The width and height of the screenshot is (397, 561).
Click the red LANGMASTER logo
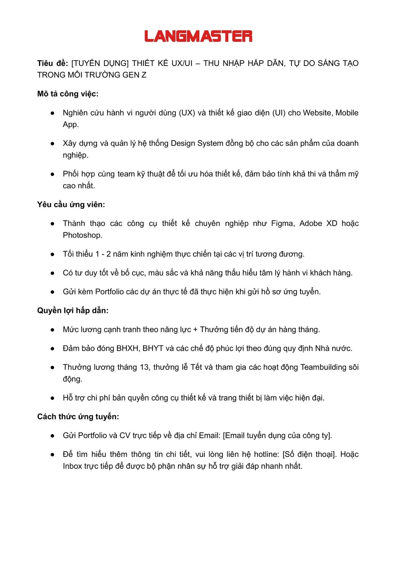pyautogui.click(x=198, y=36)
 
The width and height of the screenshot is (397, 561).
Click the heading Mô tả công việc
pyautogui.click(x=68, y=94)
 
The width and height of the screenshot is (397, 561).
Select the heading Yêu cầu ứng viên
pyautogui.click(x=71, y=204)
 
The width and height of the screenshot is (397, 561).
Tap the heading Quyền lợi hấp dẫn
pyautogui.click(x=73, y=311)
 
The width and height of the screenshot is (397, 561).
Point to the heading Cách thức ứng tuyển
pyautogui.click(x=78, y=417)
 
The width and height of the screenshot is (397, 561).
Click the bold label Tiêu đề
pyautogui.click(x=53, y=63)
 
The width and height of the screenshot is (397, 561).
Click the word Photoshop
pyautogui.click(x=82, y=235)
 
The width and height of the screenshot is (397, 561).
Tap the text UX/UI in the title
pyautogui.click(x=182, y=63)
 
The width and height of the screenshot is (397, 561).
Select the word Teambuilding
pyautogui.click(x=323, y=367)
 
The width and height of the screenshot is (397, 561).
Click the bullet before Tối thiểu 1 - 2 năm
pyautogui.click(x=53, y=254)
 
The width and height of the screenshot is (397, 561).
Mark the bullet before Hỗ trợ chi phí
pyautogui.click(x=53, y=398)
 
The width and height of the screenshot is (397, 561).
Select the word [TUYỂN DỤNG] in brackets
pyautogui.click(x=100, y=63)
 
